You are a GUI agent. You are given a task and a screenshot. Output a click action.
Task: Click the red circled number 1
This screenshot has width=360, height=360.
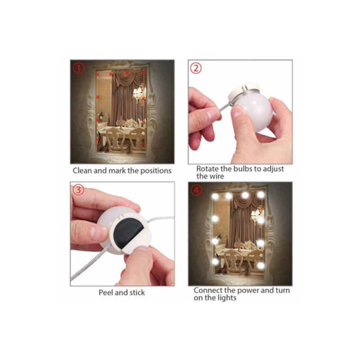click(78, 68)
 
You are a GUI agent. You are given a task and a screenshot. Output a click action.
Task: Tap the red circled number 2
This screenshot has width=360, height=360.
click(196, 68)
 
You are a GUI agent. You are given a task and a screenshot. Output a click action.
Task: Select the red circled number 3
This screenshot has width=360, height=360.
click(78, 190)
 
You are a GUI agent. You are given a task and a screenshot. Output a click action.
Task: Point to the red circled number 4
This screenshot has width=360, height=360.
click(196, 190)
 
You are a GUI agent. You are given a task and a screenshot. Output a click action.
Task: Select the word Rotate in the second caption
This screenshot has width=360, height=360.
click(207, 169)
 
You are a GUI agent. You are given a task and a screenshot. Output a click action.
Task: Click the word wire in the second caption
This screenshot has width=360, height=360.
click(216, 176)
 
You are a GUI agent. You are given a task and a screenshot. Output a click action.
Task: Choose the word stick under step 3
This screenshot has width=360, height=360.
click(137, 292)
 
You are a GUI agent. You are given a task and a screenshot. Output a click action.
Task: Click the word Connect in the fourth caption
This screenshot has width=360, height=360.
click(208, 290)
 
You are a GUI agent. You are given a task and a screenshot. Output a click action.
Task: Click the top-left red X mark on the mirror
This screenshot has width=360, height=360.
click(98, 75)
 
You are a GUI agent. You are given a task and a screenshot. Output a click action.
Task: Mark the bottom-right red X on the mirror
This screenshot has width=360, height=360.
click(143, 144)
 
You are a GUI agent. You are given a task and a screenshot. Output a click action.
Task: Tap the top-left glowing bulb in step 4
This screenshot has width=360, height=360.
click(215, 196)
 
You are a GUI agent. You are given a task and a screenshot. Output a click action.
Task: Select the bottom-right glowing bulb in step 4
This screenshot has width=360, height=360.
click(261, 265)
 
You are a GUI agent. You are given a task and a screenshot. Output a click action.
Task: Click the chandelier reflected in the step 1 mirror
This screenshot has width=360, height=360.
click(139, 93)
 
